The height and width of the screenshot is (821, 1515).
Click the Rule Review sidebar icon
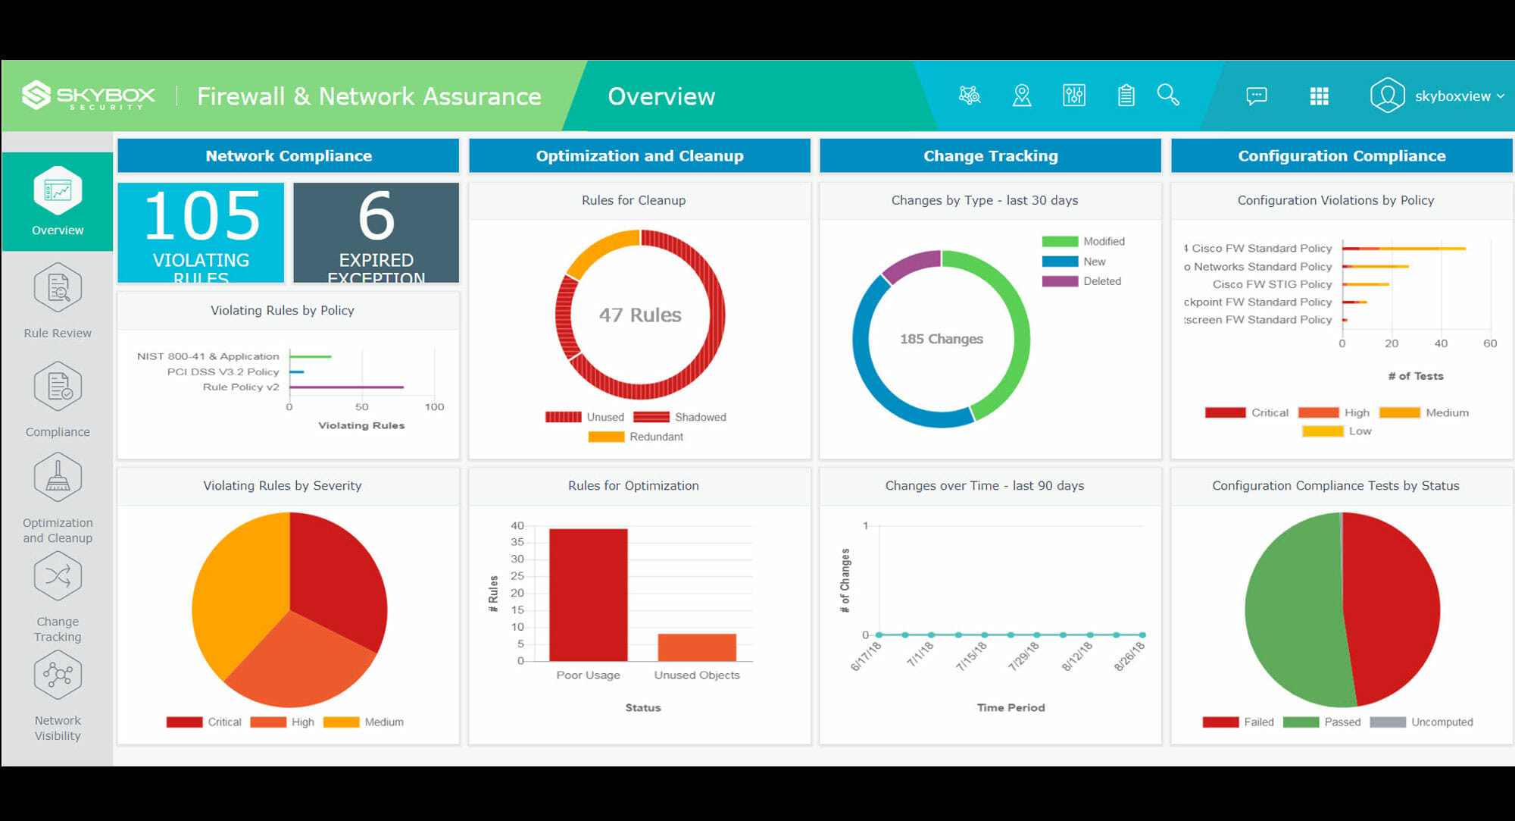(58, 288)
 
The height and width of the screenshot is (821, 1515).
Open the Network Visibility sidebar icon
(58, 675)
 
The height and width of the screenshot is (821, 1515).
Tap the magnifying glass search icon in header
(1168, 96)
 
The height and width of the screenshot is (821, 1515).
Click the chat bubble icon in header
(1256, 96)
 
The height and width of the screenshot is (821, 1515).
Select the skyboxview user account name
(1452, 96)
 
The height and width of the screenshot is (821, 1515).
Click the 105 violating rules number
(201, 217)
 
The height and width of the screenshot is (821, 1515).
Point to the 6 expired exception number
(376, 217)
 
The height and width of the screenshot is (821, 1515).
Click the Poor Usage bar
(588, 594)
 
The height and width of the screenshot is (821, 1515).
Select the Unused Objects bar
(696, 647)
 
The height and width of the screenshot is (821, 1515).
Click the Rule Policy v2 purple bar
(346, 387)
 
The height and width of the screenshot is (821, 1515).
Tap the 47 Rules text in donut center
(640, 315)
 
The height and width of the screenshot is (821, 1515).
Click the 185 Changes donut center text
(941, 339)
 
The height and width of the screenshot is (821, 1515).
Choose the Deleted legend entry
(1101, 281)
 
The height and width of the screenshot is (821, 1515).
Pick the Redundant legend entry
(656, 437)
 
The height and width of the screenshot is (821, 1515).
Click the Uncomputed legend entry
(1442, 722)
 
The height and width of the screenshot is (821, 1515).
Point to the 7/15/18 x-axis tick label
(971, 656)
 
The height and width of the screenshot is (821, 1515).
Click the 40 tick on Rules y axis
(517, 525)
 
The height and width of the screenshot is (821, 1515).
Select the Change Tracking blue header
(990, 156)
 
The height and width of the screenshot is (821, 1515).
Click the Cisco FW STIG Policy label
(1272, 284)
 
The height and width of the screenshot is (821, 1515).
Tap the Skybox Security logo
(89, 96)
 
